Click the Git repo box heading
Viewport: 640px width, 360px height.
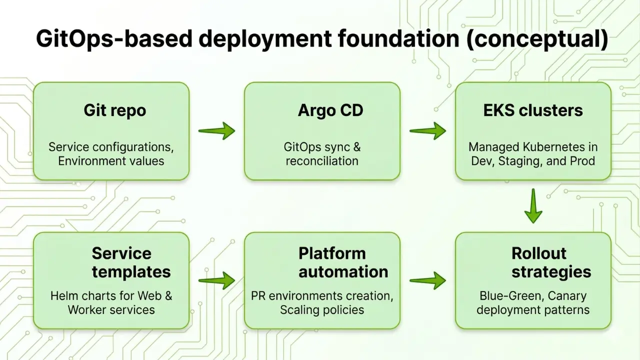pyautogui.click(x=114, y=110)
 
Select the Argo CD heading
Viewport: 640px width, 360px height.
pyautogui.click(x=330, y=110)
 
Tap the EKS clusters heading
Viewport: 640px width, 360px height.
pyautogui.click(x=533, y=110)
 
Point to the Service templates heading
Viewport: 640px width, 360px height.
pyautogui.click(x=121, y=262)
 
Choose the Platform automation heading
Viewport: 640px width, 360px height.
pyautogui.click(x=332, y=262)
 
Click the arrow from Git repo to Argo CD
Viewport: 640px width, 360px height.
pyautogui.click(x=216, y=130)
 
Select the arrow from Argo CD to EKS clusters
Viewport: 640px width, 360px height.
pyautogui.click(x=428, y=130)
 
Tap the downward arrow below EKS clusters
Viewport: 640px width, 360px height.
pyautogui.click(x=533, y=205)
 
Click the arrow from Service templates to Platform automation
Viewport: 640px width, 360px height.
pyautogui.click(x=216, y=280)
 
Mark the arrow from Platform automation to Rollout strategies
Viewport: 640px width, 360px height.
pyautogui.click(x=428, y=280)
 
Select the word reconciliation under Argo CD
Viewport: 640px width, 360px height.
pyautogui.click(x=322, y=161)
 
